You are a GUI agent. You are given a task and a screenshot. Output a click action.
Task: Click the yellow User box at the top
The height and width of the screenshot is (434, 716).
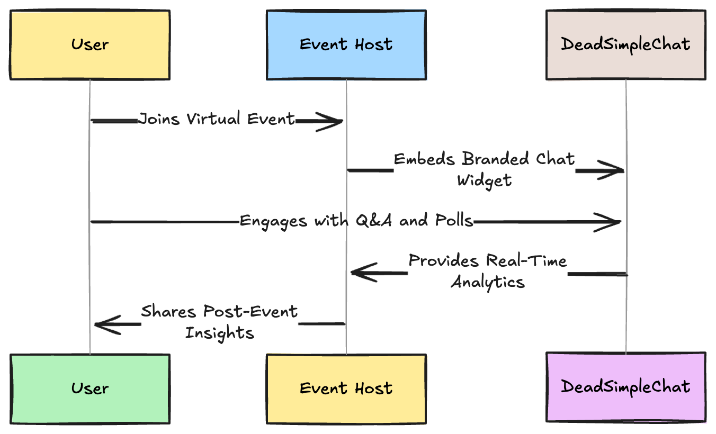[90, 44]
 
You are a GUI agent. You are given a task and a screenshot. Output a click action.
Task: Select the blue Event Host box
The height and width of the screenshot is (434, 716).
[346, 44]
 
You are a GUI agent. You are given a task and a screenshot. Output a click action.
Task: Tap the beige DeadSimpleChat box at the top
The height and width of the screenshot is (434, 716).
[626, 44]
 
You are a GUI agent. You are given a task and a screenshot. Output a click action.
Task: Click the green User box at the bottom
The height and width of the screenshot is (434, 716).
[90, 389]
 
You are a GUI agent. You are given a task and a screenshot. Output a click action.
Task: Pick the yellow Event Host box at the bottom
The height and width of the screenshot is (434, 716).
[346, 389]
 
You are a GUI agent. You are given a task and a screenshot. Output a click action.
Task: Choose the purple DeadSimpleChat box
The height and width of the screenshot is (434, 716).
[626, 387]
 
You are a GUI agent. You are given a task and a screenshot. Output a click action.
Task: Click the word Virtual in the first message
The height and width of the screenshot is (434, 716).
[213, 119]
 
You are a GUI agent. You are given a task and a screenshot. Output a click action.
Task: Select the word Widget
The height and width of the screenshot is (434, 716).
[484, 181]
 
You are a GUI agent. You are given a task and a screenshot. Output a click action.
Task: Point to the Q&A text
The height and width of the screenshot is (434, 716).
[374, 220]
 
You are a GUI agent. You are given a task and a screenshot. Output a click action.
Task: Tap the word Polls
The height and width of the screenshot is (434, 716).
[454, 220]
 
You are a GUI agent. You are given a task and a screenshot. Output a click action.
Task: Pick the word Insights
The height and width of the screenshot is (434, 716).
[220, 333]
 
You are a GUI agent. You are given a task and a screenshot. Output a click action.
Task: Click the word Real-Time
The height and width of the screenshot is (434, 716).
[526, 260]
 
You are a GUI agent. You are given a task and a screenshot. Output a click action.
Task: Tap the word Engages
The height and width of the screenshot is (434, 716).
[273, 221]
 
